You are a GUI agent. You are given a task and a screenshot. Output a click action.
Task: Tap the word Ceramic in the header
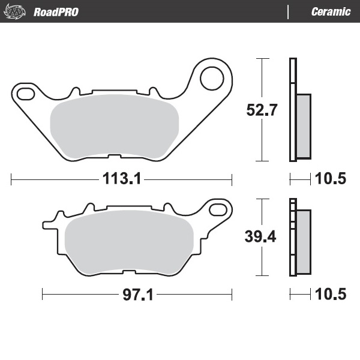pos(331,11)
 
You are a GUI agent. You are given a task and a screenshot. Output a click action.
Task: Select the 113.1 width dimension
pos(122,179)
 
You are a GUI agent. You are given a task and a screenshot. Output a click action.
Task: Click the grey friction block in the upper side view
pos(303,127)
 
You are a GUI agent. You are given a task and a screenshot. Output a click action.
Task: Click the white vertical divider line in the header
pos(289,11)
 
